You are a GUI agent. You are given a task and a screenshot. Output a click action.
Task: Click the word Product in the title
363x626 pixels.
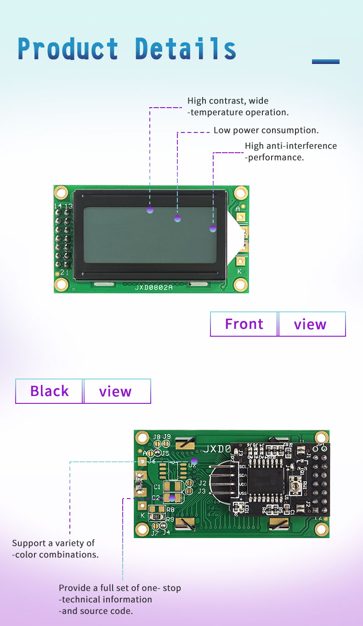tap(68, 49)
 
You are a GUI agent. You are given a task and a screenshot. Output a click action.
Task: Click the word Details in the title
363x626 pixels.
tap(186, 49)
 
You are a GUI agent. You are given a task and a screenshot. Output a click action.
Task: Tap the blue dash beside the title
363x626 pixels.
tap(325, 61)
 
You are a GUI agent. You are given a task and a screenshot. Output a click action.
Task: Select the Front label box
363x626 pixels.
tap(244, 324)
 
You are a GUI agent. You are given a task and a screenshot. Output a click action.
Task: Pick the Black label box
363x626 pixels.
tap(49, 391)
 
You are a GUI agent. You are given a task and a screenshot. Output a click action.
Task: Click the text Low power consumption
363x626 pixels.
tap(266, 130)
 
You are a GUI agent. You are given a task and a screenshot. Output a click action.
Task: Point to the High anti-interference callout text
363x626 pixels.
tap(290, 151)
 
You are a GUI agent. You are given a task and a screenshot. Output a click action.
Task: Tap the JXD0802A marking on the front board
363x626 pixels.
tap(153, 287)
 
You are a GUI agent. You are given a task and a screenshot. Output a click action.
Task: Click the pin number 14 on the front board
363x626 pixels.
tap(58, 206)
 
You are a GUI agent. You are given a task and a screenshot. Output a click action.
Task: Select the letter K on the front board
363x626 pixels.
tap(239, 271)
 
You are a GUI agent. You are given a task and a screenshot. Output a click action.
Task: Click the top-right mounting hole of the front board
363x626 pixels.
tap(240, 193)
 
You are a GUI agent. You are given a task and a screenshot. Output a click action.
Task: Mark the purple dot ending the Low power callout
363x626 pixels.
tap(178, 218)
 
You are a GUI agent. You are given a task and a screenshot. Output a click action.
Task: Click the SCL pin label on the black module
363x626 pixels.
tap(243, 466)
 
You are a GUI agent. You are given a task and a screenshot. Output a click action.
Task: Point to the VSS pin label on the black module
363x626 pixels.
tap(243, 494)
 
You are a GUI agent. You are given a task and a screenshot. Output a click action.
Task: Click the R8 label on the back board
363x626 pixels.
tap(170, 510)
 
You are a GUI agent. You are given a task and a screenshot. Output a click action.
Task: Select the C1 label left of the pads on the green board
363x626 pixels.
tap(157, 487)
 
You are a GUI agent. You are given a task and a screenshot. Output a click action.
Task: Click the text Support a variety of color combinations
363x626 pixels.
tap(55, 549)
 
